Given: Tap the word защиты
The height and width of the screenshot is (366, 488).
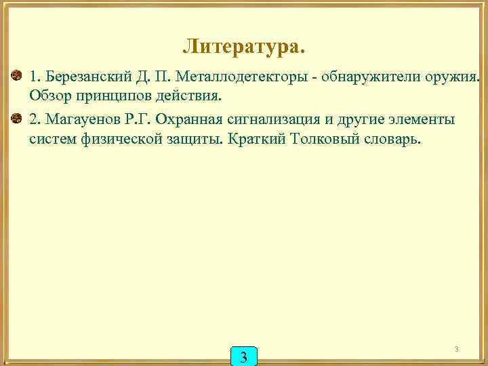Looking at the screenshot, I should point(199,139).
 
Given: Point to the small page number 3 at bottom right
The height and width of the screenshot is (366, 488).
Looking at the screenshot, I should point(457,350).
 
